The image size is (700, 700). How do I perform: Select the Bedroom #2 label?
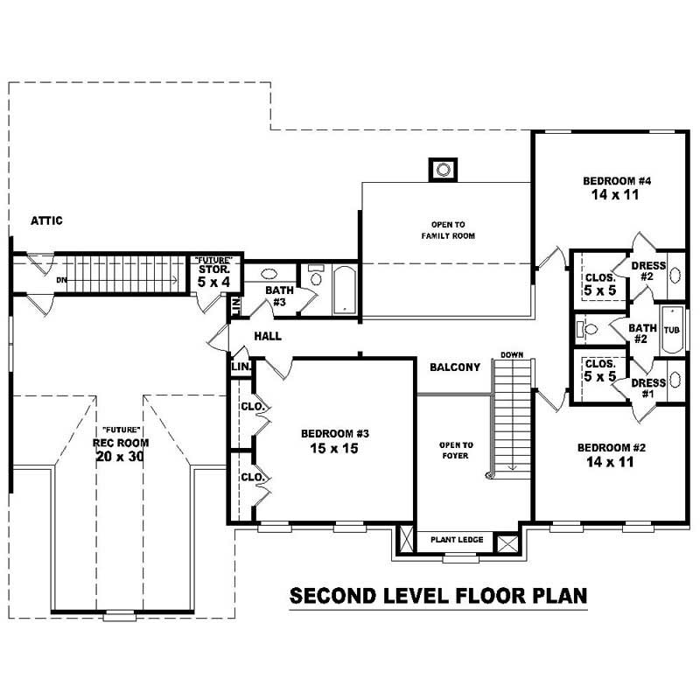[x=612, y=447]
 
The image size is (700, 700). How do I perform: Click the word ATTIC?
[x=46, y=220]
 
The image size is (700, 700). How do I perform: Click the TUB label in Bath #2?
[x=671, y=330]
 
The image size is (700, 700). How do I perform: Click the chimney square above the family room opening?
[x=443, y=169]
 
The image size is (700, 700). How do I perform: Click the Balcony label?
[x=455, y=367]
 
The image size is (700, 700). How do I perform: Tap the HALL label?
[x=267, y=336]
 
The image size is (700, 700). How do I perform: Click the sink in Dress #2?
[x=675, y=275]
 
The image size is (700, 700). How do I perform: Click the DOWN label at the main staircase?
[x=511, y=354]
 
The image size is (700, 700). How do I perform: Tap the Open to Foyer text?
[x=456, y=450]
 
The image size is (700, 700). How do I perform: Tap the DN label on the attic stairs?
[x=60, y=280]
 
